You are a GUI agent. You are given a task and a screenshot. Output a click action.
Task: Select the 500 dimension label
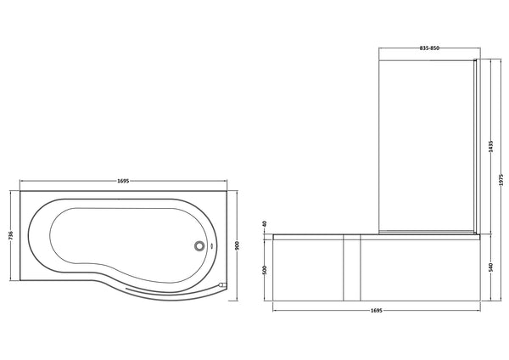pos(265,269)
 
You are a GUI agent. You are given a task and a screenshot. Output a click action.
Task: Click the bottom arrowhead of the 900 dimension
pos(237,295)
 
